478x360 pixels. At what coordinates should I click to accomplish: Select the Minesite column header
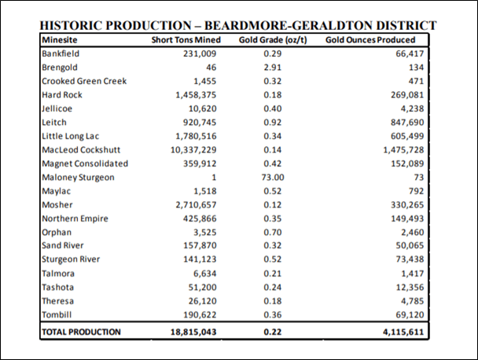60,40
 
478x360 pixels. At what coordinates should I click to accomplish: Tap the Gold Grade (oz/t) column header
273,40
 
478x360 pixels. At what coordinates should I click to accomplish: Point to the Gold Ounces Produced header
370,40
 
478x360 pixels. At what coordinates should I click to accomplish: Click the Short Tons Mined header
186,40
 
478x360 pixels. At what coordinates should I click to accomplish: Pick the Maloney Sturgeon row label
78,178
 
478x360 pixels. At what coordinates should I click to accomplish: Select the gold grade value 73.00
273,178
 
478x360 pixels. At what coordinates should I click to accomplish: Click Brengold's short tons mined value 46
211,68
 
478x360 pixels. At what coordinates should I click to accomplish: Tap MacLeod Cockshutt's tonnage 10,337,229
193,150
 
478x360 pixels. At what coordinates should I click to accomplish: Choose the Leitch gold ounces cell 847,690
407,123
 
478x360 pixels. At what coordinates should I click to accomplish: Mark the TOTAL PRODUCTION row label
82,332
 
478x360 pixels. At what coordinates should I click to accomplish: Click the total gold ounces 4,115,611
403,332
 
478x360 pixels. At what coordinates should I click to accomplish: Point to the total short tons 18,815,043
193,332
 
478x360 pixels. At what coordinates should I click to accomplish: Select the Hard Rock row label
62,95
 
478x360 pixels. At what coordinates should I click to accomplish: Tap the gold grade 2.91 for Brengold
273,68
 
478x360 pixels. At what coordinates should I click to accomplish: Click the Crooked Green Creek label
84,81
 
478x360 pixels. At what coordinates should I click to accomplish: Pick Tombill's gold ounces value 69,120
410,315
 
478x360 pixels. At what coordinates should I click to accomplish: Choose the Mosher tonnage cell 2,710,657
196,205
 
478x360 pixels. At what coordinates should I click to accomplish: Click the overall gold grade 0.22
273,332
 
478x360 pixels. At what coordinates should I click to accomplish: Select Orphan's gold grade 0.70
273,233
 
